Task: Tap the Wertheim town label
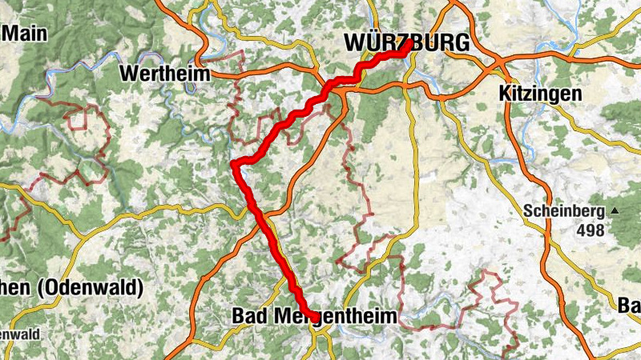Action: tap(164, 74)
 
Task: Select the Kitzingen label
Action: tap(540, 94)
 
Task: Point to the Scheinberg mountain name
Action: tap(564, 212)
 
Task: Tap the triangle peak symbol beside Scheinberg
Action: tap(615, 212)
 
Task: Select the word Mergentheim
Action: tap(335, 317)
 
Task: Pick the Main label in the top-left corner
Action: tap(25, 34)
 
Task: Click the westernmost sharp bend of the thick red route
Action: tap(234, 165)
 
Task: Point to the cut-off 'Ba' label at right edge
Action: tap(629, 305)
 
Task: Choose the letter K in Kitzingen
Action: tap(504, 94)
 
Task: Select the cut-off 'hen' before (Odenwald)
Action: tap(17, 287)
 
